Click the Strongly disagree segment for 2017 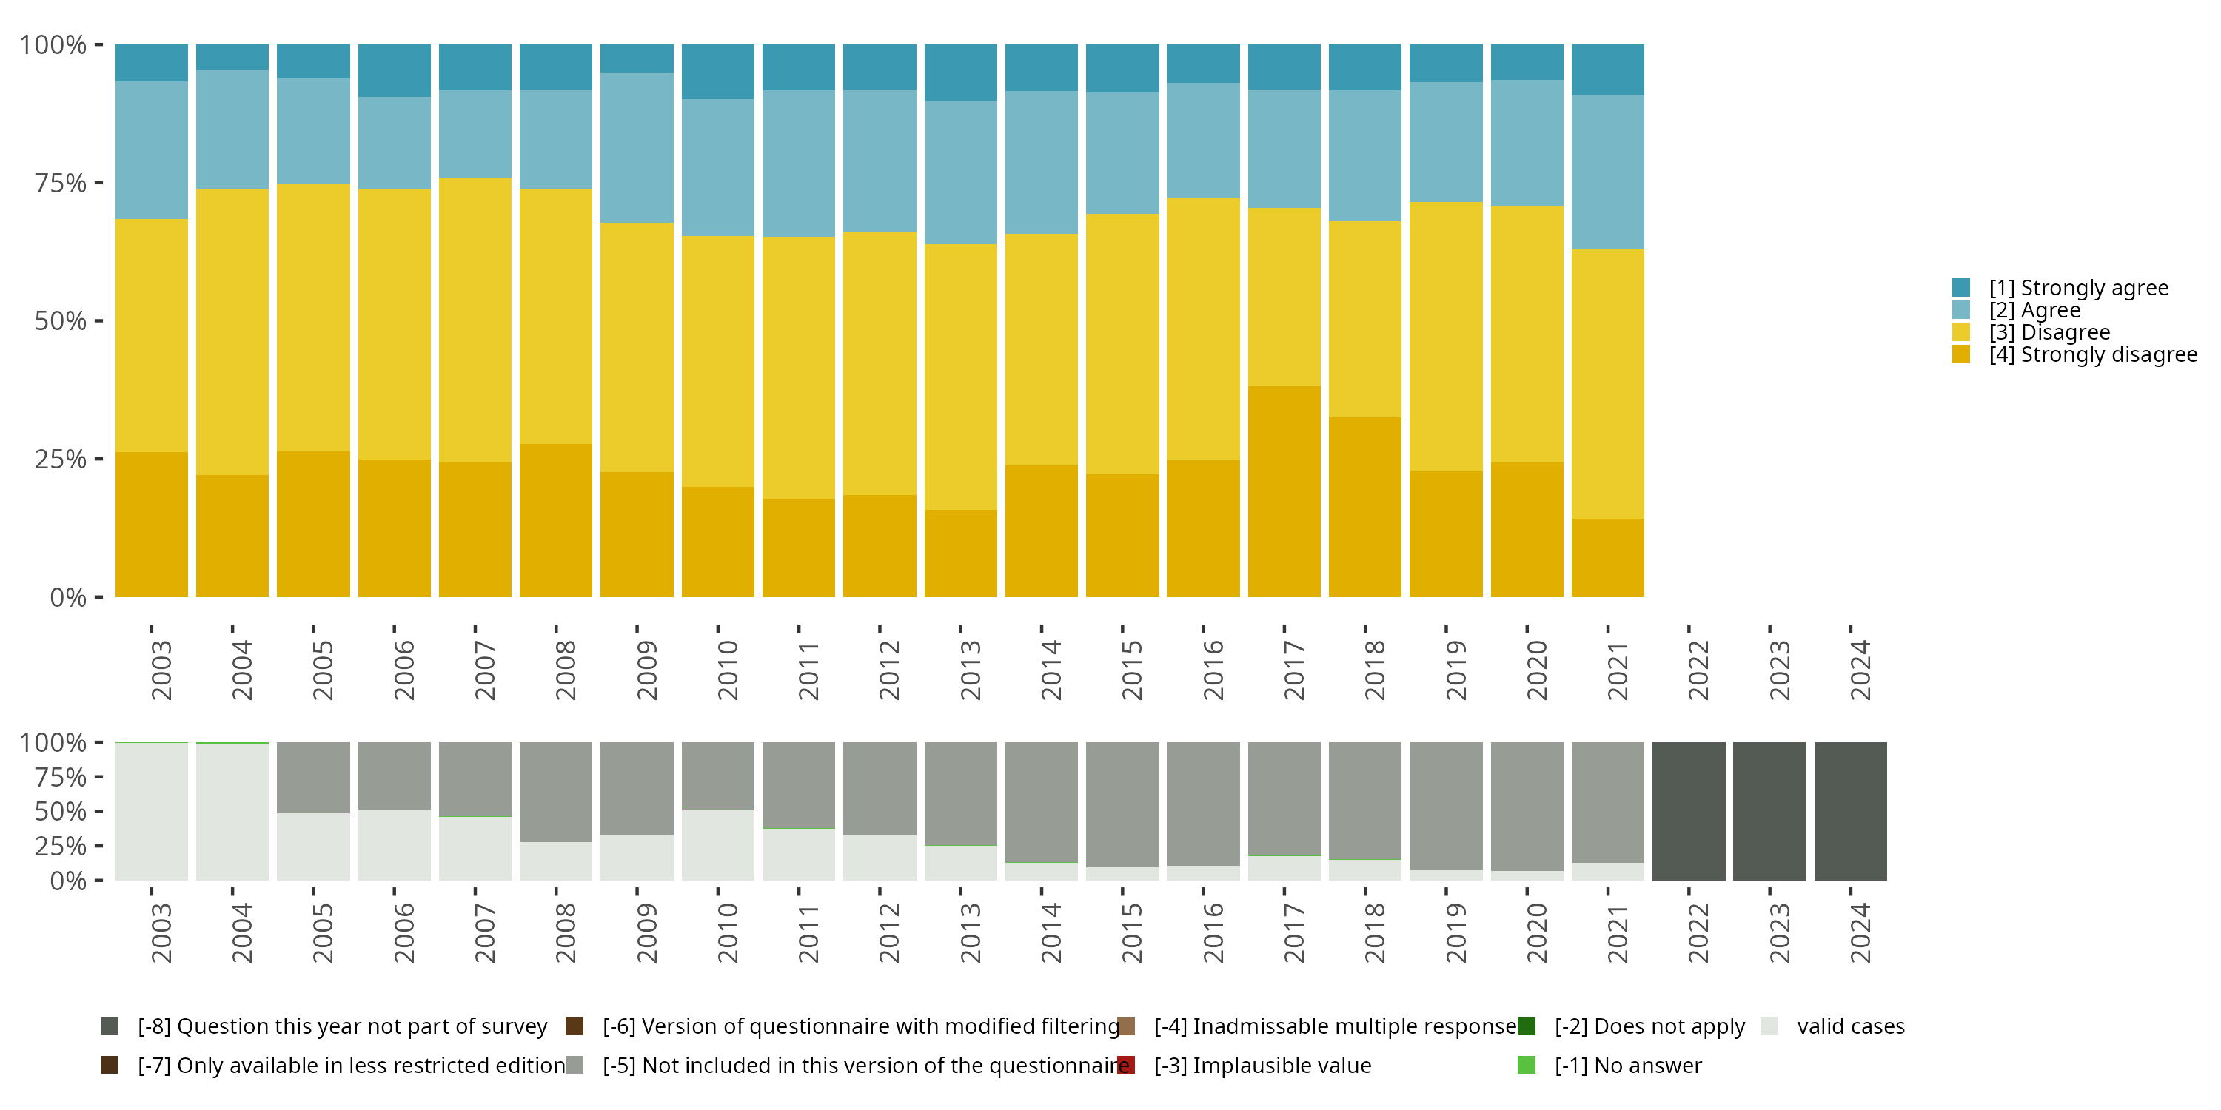click(x=1284, y=491)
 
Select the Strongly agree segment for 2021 click(x=1607, y=69)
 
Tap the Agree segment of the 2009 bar click(x=636, y=147)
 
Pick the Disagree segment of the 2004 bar click(x=232, y=332)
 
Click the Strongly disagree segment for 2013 click(x=960, y=554)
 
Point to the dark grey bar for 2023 click(x=1769, y=811)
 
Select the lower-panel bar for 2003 click(x=152, y=811)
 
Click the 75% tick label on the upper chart click(x=61, y=183)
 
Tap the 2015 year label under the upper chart click(x=1131, y=670)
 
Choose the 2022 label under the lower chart click(x=1698, y=932)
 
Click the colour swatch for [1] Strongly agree click(x=1960, y=288)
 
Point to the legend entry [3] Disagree click(x=2049, y=332)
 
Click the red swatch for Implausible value click(x=1126, y=1065)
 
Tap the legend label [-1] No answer click(x=1628, y=1065)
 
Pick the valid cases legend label click(x=1850, y=1026)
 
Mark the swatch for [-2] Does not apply click(x=1526, y=1026)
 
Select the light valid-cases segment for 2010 click(x=717, y=845)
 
